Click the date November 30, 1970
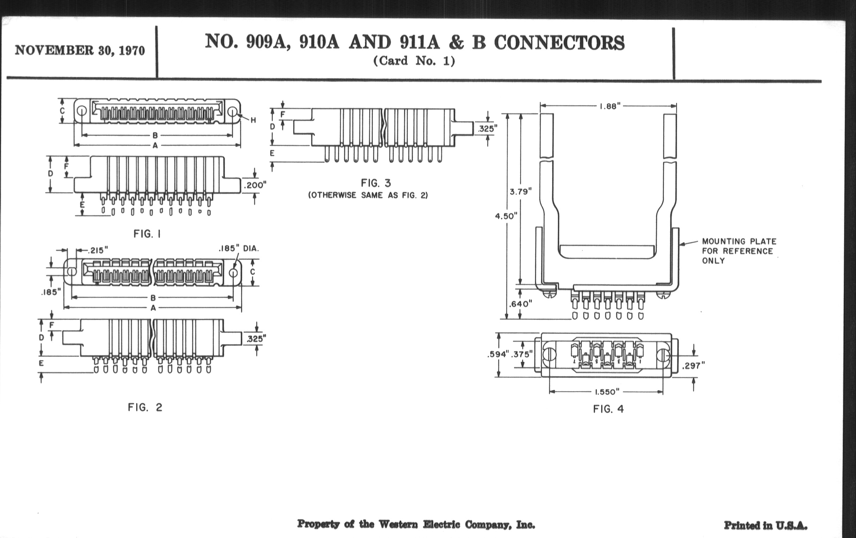(x=80, y=51)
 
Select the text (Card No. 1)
(x=414, y=61)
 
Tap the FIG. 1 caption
(x=147, y=234)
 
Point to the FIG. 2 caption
(x=145, y=407)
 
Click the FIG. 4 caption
(x=608, y=409)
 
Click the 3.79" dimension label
(x=521, y=192)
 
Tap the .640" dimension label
(x=521, y=304)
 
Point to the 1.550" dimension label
(x=607, y=392)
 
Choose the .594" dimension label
(x=498, y=354)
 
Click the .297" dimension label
(x=693, y=365)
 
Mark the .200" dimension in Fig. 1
(x=255, y=185)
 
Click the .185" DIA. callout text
(x=239, y=249)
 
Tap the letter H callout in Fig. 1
(x=253, y=120)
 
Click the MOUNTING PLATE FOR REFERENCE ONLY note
(x=739, y=251)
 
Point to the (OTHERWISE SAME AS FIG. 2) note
(x=368, y=195)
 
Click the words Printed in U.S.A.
(x=765, y=525)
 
